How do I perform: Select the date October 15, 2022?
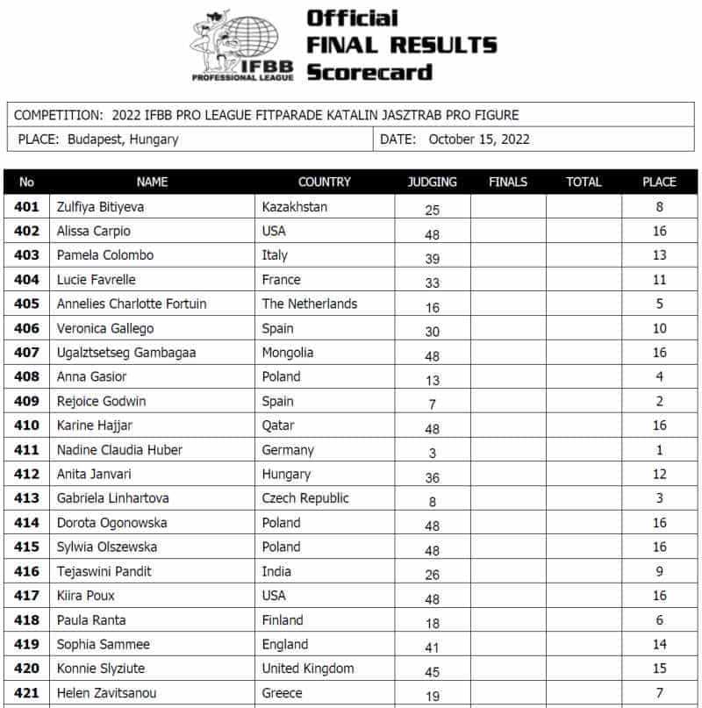(x=479, y=139)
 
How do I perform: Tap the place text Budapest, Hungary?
(x=122, y=139)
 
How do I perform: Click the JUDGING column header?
(x=432, y=182)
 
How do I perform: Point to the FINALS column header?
(x=508, y=182)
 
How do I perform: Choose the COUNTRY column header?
(x=324, y=182)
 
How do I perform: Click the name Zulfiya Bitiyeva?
(x=100, y=207)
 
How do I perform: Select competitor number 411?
(x=26, y=450)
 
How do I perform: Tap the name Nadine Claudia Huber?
(x=119, y=450)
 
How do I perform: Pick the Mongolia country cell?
(x=288, y=353)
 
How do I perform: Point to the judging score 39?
(x=432, y=256)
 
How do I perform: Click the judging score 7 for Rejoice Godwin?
(x=432, y=402)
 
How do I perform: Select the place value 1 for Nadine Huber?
(x=659, y=450)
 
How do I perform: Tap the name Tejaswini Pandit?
(x=104, y=571)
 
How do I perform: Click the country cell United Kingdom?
(x=308, y=669)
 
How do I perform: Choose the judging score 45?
(x=432, y=669)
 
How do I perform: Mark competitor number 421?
(x=26, y=693)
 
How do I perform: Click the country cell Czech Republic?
(x=305, y=498)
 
